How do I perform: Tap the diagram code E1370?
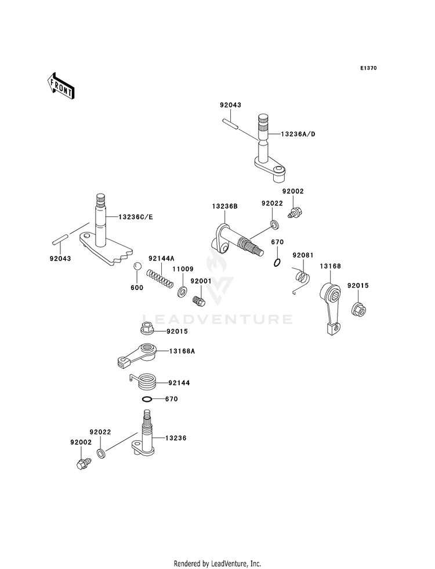tap(368, 68)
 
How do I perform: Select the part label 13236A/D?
tap(298, 134)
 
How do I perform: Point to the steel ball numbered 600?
tap(137, 266)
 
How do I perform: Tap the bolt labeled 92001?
tap(199, 300)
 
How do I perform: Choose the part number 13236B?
tap(225, 206)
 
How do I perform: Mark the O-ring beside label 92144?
tap(147, 399)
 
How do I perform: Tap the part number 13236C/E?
tap(136, 217)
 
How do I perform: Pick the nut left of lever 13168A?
tap(147, 329)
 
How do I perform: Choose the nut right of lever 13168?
tap(359, 309)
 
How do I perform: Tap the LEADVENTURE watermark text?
tap(217, 320)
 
